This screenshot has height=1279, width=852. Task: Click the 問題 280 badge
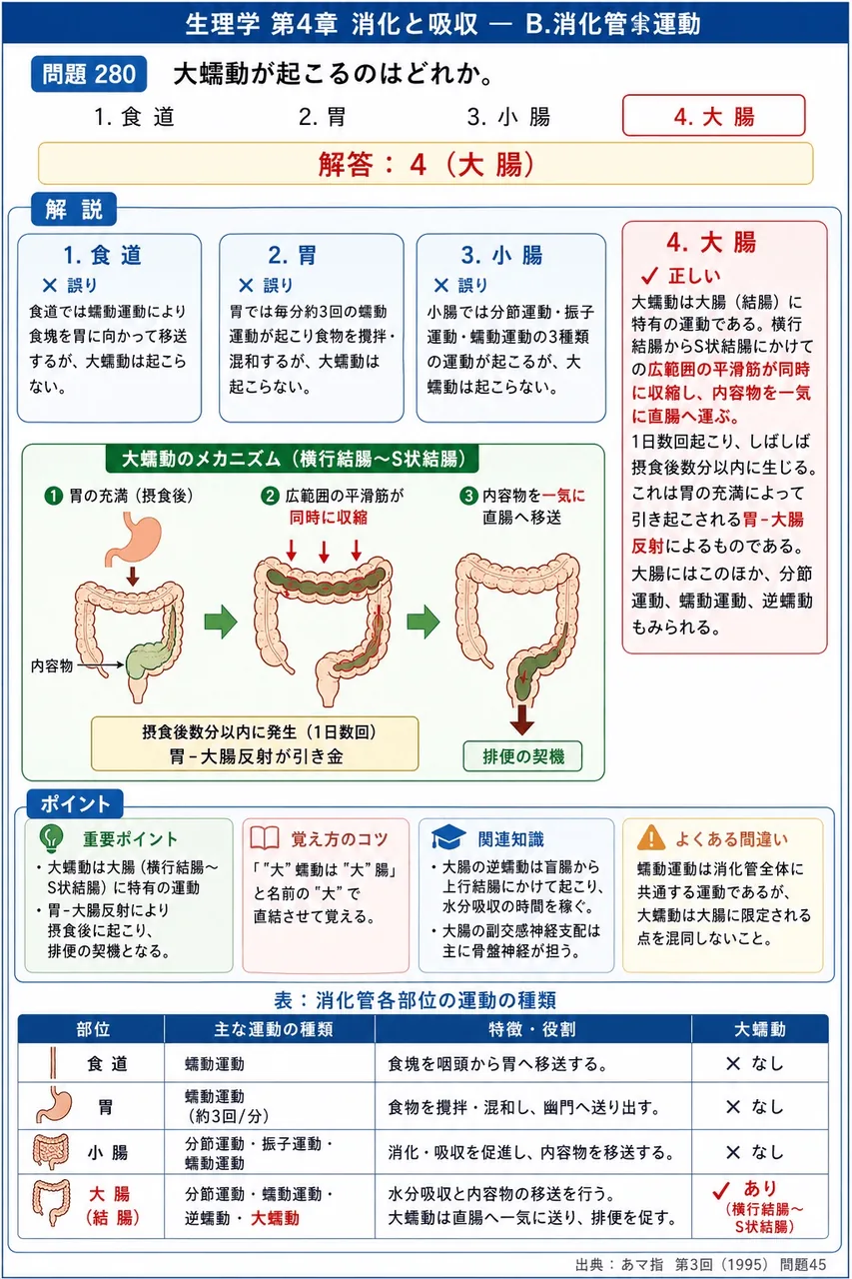(89, 74)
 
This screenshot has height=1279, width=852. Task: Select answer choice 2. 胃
(322, 117)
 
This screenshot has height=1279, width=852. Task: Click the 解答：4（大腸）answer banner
(426, 164)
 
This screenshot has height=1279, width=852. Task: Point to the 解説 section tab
(74, 209)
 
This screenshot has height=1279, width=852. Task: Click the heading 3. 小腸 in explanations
(502, 255)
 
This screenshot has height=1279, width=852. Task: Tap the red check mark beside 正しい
(649, 276)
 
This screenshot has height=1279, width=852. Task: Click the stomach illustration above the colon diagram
(133, 539)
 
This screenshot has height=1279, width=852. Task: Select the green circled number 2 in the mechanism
(270, 495)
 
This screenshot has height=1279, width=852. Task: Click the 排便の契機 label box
(522, 756)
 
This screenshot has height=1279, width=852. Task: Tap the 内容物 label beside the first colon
(52, 665)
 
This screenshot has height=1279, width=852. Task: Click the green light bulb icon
(51, 838)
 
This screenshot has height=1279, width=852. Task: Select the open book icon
(265, 838)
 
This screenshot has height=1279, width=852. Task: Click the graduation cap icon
(448, 836)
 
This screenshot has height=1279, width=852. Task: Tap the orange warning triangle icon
(651, 837)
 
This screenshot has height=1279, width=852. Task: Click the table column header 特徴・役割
(532, 1029)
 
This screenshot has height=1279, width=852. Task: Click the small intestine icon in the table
(51, 1152)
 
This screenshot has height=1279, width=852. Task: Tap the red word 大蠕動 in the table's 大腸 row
(275, 1218)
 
